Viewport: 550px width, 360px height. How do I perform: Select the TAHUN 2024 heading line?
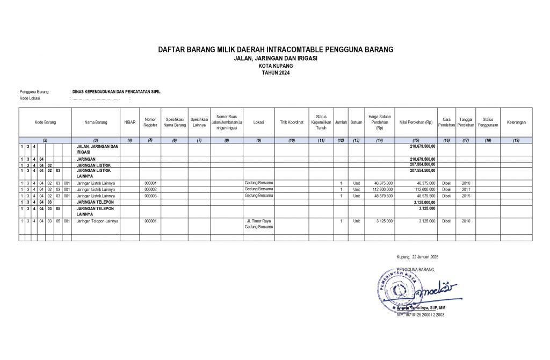click(x=275, y=72)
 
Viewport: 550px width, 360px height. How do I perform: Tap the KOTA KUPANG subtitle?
click(x=275, y=65)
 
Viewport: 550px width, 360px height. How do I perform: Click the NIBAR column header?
click(x=129, y=123)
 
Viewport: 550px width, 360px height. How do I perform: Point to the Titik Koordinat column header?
click(x=292, y=123)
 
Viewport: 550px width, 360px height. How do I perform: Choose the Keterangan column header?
click(x=516, y=123)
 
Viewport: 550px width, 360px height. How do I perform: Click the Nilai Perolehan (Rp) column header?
click(x=416, y=123)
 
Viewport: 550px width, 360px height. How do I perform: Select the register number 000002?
click(x=150, y=189)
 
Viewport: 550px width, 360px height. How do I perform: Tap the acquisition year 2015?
click(x=466, y=196)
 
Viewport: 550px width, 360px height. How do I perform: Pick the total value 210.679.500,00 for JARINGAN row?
click(x=423, y=159)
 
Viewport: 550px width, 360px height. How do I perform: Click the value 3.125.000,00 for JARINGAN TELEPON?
click(x=422, y=202)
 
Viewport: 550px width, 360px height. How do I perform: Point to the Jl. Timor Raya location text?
click(x=258, y=221)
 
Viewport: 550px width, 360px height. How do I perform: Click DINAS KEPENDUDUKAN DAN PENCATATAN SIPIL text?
click(x=116, y=92)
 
